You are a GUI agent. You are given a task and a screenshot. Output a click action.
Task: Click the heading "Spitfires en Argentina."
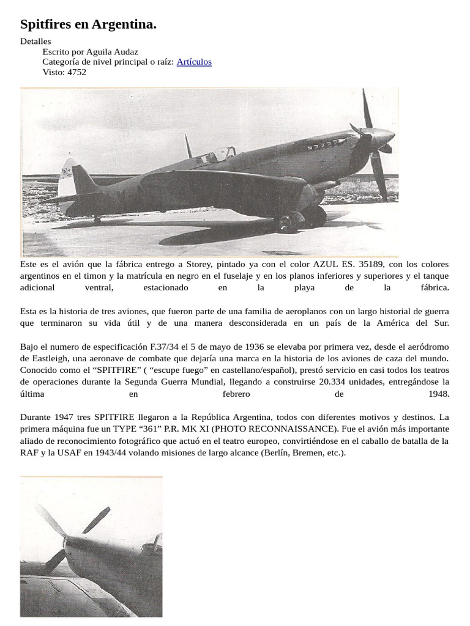coord(88,24)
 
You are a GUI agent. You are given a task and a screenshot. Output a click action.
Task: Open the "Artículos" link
coord(194,62)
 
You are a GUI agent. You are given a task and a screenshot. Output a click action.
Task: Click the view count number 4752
coord(76,72)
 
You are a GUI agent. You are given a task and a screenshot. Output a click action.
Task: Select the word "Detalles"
coord(35,42)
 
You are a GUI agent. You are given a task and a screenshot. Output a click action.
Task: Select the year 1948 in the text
coord(439,393)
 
